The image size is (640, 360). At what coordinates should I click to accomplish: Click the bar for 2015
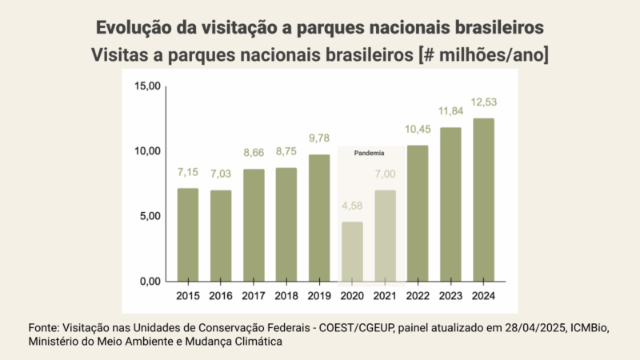188,235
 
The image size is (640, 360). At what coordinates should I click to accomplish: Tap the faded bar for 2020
352,252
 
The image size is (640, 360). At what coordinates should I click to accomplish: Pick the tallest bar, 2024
483,200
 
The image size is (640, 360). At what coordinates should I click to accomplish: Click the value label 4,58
352,207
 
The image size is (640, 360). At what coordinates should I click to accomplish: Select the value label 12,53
483,103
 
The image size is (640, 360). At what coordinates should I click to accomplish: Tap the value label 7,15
188,174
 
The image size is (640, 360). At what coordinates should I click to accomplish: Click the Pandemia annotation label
369,153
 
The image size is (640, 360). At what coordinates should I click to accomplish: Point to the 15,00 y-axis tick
147,86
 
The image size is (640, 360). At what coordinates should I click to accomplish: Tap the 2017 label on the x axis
254,296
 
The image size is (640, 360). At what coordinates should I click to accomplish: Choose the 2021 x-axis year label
385,296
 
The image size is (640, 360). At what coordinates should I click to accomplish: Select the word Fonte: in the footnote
45,327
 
